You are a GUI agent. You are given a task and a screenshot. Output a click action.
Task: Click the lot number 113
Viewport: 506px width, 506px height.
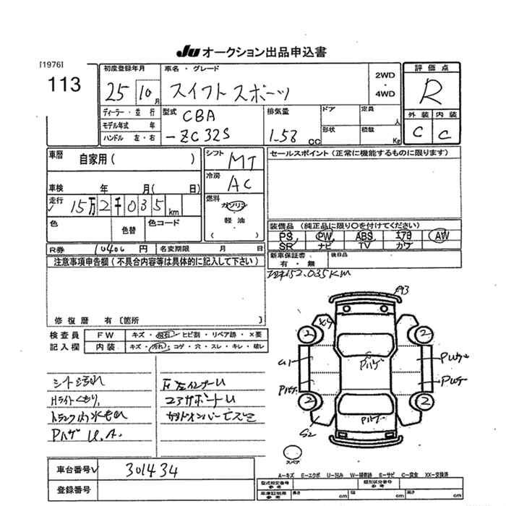(x=65, y=85)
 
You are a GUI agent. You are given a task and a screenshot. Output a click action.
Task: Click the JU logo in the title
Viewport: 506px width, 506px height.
(x=187, y=52)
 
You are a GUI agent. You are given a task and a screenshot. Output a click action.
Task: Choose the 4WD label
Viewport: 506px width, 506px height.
(x=385, y=93)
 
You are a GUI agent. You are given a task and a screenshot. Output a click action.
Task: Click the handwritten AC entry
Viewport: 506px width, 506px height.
(x=238, y=184)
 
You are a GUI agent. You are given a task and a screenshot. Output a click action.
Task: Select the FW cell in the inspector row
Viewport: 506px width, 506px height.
(x=100, y=335)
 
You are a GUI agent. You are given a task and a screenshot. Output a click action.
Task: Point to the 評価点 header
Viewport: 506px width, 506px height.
(x=432, y=67)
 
